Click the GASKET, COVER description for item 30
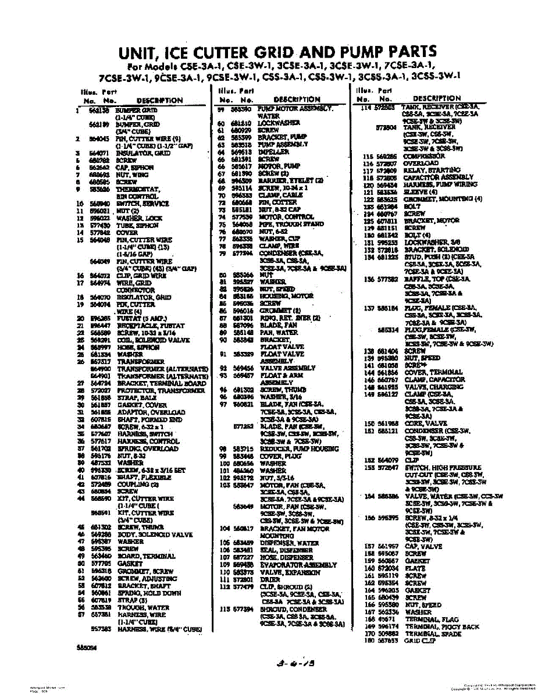tap(141, 405)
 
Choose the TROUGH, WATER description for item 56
tap(142, 607)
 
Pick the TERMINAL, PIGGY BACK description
tap(441, 626)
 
